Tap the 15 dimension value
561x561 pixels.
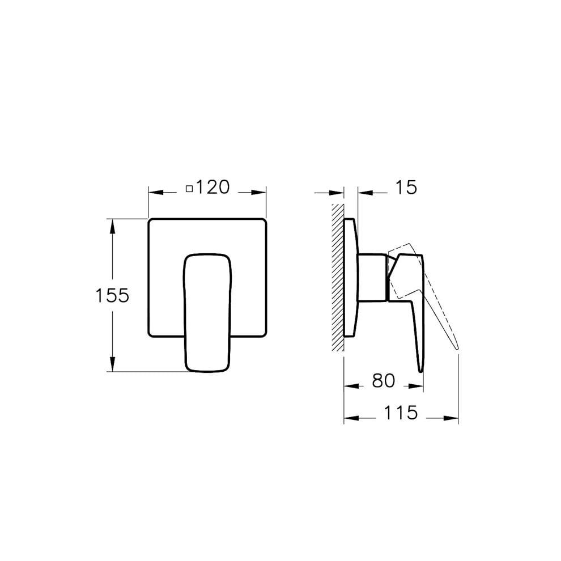coord(405,187)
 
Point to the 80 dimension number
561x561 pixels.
coord(384,381)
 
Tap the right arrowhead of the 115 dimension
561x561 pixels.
coord(453,418)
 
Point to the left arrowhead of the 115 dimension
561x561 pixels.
coord(350,418)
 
